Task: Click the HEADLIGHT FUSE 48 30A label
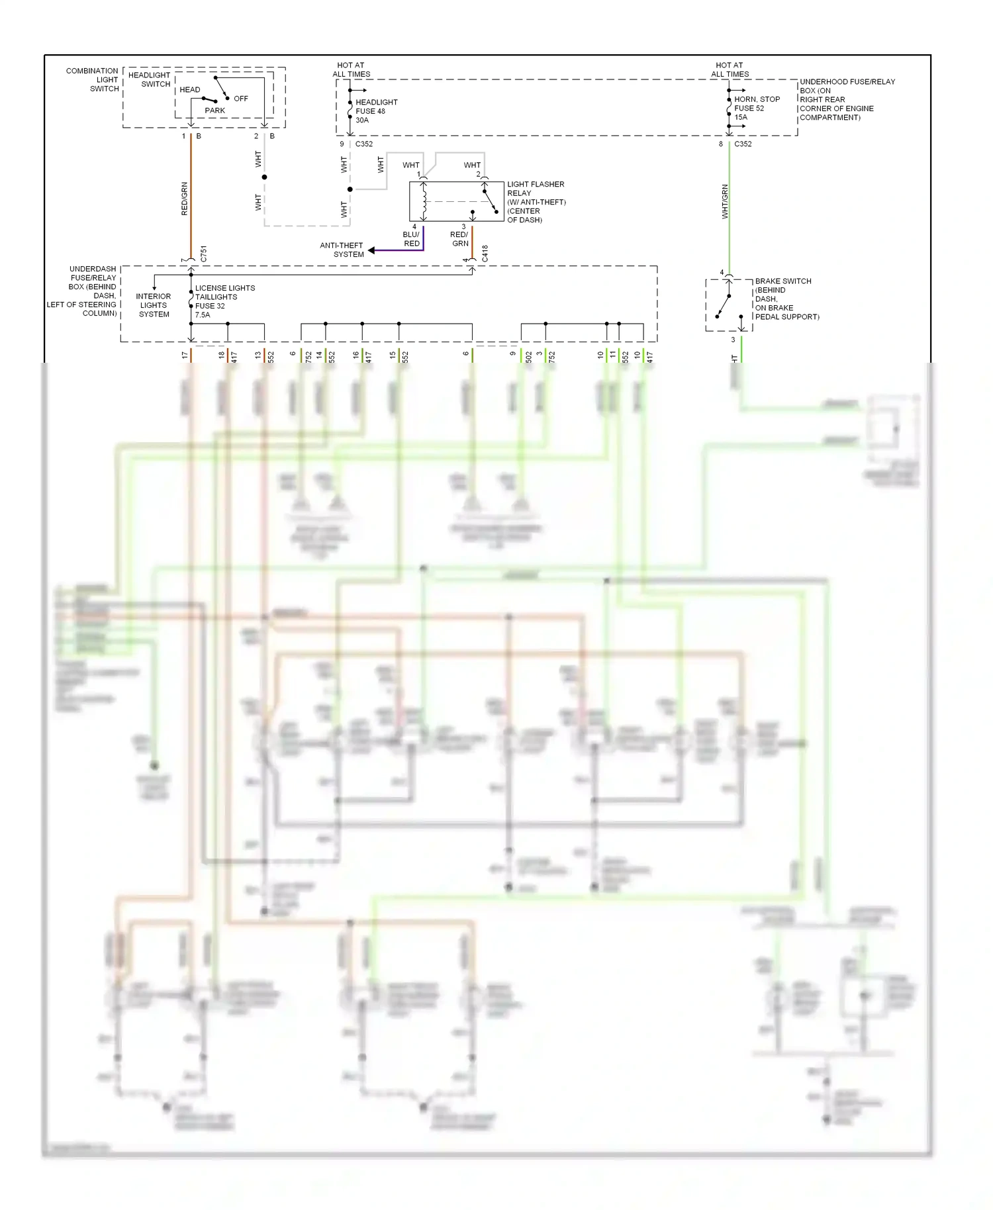[x=375, y=111]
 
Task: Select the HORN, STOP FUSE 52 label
[x=756, y=108]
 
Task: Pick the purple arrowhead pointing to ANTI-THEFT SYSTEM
[x=372, y=250]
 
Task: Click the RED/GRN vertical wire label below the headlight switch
[x=184, y=199]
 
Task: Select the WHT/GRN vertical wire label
[x=724, y=202]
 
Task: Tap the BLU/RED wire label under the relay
[x=411, y=239]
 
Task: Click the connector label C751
[x=204, y=254]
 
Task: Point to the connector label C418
[x=485, y=254]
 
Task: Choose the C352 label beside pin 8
[x=743, y=144]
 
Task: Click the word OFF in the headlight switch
[x=241, y=99]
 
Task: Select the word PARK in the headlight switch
[x=214, y=111]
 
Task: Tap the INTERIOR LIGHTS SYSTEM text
[x=154, y=305]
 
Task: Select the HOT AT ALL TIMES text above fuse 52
[x=730, y=70]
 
